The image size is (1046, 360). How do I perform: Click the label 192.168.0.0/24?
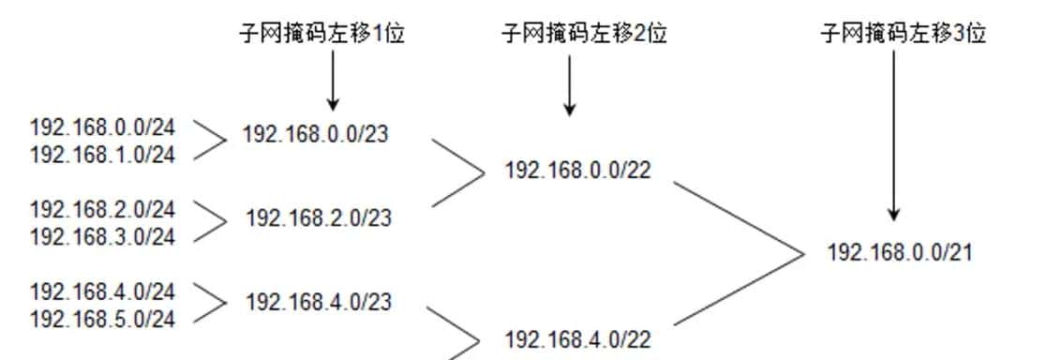pos(102,127)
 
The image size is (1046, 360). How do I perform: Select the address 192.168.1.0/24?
pos(102,154)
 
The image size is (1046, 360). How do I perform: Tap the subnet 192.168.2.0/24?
pos(102,208)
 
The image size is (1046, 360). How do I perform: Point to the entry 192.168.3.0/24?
pos(102,236)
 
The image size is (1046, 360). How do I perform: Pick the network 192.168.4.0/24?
pos(102,291)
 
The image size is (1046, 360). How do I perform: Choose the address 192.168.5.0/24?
pos(102,319)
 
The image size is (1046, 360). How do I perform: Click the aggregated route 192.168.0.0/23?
pos(315,135)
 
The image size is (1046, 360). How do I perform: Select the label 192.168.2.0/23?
pos(319,218)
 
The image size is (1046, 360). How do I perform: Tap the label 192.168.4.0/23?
pos(319,302)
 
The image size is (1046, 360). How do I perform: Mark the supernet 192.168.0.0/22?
pos(577,171)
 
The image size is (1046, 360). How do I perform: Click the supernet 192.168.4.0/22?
pos(577,339)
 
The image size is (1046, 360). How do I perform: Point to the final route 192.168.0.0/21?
pos(900,252)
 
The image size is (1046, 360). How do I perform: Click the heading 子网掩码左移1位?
pos(324,35)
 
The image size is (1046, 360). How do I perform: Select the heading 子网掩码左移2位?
pos(585,35)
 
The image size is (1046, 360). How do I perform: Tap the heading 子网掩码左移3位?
pos(904,35)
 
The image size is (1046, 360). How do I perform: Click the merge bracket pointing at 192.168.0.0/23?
pos(212,142)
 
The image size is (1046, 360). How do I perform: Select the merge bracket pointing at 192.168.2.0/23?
pos(212,222)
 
